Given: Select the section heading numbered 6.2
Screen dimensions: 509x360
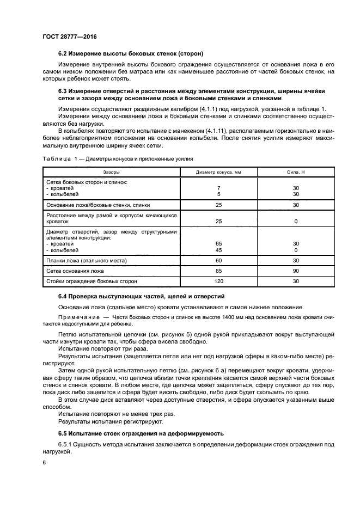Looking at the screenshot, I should (131, 54).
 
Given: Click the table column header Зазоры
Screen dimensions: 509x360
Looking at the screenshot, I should (111, 171).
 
